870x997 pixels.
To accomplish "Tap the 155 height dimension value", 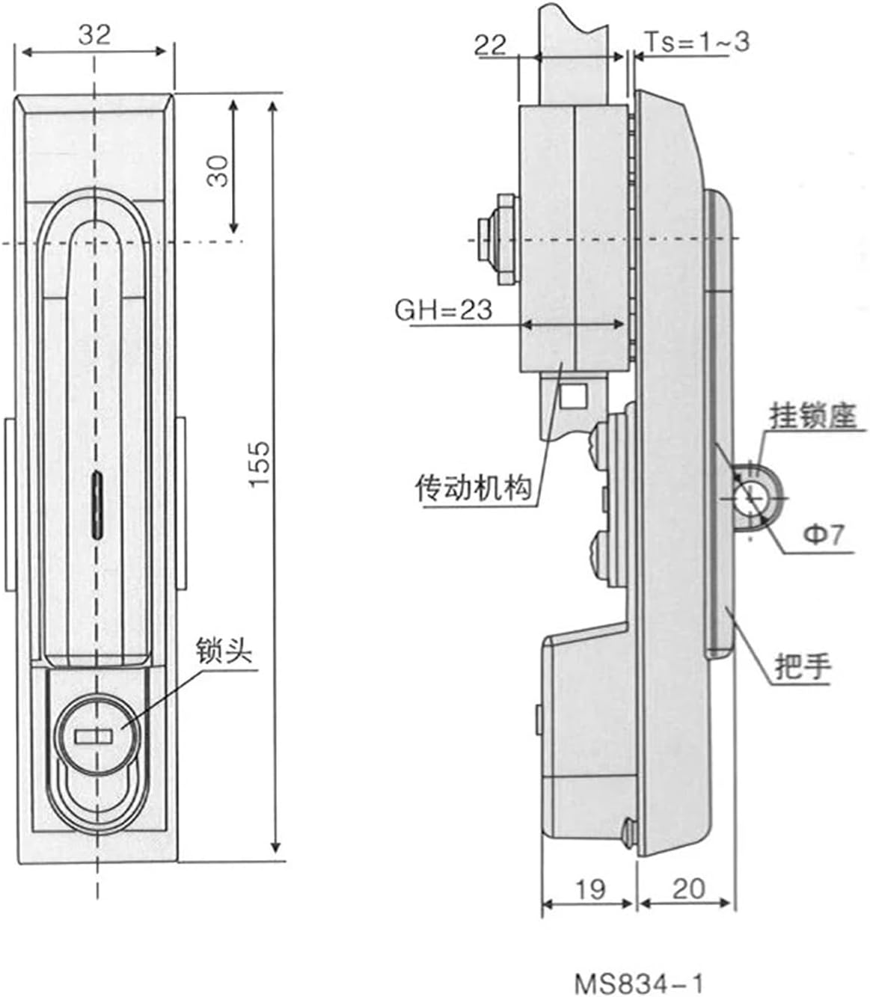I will (258, 464).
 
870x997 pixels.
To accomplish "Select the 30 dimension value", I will (218, 171).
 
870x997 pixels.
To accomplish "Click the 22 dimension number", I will (491, 45).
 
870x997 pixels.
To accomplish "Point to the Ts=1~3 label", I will (696, 42).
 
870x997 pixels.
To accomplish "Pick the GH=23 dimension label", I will (444, 309).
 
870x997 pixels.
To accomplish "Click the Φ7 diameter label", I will (823, 534).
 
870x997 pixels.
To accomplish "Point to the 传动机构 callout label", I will (474, 489).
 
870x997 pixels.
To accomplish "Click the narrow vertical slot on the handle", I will (96, 504).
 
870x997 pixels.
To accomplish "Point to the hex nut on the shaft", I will (503, 239).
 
